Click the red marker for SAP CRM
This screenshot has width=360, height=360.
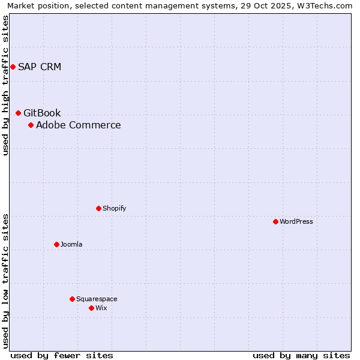(x=13, y=67)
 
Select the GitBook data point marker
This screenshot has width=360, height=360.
(x=18, y=113)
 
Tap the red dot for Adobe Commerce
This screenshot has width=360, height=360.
(x=31, y=125)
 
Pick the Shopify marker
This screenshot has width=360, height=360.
(x=98, y=208)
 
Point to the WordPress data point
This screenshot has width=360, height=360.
(x=275, y=221)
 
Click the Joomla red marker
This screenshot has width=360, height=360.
(x=56, y=244)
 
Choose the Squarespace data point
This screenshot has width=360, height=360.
(x=72, y=299)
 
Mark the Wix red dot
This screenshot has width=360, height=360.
(x=91, y=308)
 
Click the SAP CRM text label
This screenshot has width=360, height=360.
(x=40, y=67)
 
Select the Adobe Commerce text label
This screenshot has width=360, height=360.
(x=79, y=125)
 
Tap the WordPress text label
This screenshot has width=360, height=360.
(x=296, y=221)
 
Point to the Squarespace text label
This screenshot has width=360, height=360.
(x=97, y=299)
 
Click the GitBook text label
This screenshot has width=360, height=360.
(x=42, y=113)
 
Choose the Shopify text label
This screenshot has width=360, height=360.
(x=114, y=208)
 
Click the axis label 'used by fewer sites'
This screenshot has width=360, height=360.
(x=62, y=355)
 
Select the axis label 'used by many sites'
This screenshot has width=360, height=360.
(x=301, y=355)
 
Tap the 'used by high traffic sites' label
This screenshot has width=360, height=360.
(x=5, y=85)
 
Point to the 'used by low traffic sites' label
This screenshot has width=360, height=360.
(x=5, y=281)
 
